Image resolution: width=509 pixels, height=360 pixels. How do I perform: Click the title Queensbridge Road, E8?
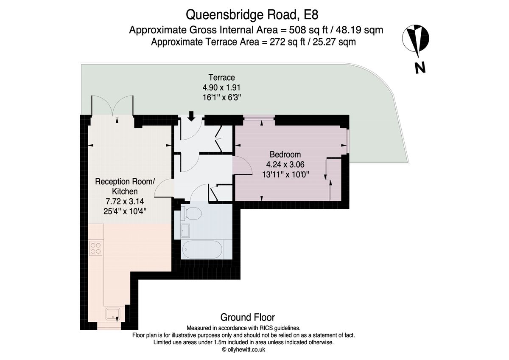[x=252, y=15]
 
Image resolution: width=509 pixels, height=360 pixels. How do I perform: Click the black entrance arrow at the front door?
[x=191, y=115]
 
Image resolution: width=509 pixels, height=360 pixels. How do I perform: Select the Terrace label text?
[x=221, y=77]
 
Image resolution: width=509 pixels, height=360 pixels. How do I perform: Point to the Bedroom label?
[x=283, y=154]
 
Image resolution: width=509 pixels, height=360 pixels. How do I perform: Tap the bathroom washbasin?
[x=185, y=231]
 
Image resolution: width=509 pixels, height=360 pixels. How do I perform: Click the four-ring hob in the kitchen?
[x=95, y=247]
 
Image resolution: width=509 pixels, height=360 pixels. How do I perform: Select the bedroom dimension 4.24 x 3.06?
[x=283, y=164]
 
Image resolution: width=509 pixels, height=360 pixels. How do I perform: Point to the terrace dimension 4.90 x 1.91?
[x=221, y=87]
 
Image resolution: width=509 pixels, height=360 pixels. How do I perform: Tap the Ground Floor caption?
[x=247, y=317]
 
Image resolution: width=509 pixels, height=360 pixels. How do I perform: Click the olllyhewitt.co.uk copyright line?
[x=243, y=349]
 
